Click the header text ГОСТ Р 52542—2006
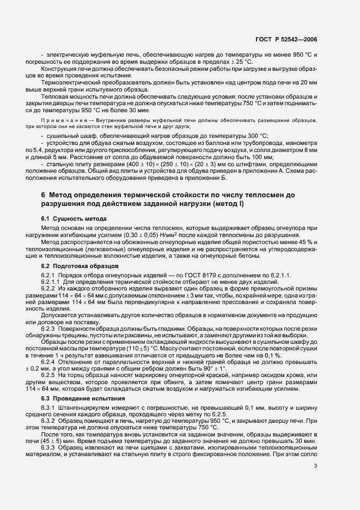point(286,39)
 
